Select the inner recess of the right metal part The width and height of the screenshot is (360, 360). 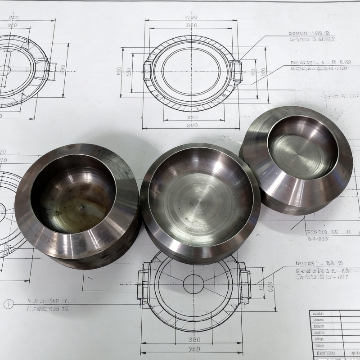coord(301,149)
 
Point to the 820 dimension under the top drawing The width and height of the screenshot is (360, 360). coord(192,117)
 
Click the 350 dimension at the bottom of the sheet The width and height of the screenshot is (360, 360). coord(194,349)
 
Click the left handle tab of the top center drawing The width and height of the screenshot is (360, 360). coord(147,72)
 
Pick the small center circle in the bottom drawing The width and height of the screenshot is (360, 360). coord(193,284)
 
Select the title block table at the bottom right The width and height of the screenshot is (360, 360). coord(334,334)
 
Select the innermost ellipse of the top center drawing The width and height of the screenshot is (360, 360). coord(192,71)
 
